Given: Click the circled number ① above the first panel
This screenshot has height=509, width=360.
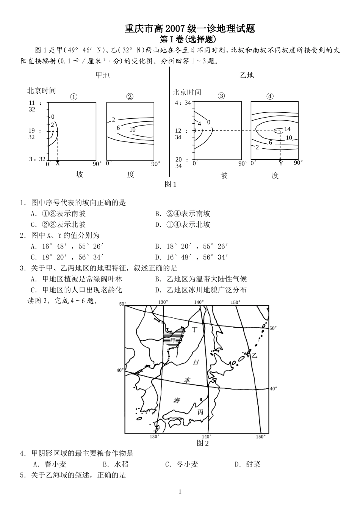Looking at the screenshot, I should pos(74,97).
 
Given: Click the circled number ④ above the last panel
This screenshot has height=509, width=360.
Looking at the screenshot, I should pos(270,96).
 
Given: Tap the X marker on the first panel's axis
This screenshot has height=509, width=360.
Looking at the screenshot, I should pos(58,163).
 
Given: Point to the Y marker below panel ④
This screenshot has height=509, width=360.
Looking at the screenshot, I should pos(281,163).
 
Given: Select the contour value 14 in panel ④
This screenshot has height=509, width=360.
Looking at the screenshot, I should pos(287,129).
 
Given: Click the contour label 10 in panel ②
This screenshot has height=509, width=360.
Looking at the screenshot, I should pos(132,129).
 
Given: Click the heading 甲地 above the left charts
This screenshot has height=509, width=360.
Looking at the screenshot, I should pos(102,75).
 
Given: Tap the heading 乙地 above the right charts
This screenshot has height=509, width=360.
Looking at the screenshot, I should pos(247,75).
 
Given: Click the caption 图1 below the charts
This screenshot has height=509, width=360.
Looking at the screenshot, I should pos(171,184).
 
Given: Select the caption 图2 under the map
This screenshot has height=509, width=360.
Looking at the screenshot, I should pos(203,443).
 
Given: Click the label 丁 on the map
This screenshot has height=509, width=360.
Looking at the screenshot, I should pos(195,329).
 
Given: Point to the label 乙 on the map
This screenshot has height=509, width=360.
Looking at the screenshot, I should pos(254,355).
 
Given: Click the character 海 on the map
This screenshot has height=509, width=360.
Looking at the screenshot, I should pos(177,401).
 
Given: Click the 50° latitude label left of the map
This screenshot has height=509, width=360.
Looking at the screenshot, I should pos(122,304).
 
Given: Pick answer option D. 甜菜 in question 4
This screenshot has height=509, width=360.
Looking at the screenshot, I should pos(247,464).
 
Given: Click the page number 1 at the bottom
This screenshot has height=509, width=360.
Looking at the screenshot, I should pos(180,492).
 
